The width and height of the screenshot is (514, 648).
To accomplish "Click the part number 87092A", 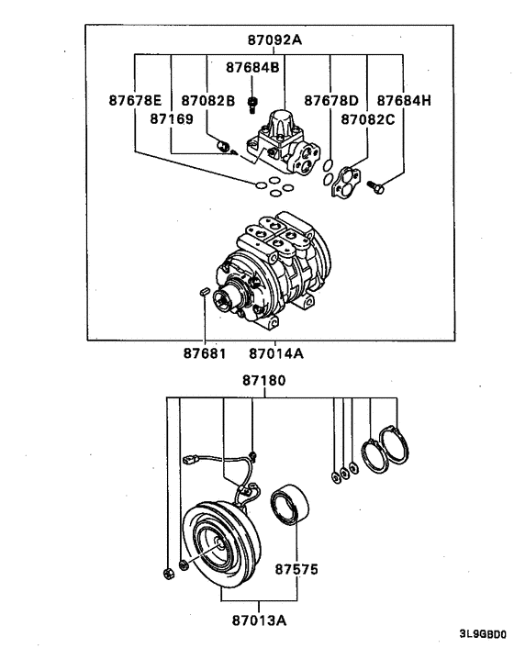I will (x=274, y=40).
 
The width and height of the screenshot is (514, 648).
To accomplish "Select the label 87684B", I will (x=253, y=67).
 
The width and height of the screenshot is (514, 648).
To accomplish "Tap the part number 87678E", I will (x=134, y=100).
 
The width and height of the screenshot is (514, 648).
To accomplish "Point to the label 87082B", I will (x=207, y=100).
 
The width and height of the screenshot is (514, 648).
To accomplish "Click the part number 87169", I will (x=172, y=118).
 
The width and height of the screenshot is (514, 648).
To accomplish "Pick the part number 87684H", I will (x=404, y=100).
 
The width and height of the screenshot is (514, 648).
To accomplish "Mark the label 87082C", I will (x=367, y=118).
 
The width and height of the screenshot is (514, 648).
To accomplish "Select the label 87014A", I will (x=275, y=352).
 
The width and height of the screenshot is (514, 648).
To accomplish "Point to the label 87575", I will (x=296, y=569).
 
